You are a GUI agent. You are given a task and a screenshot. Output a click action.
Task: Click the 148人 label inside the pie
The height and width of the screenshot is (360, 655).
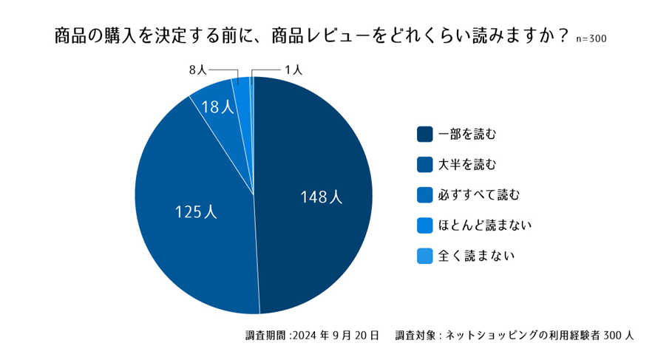[321, 197]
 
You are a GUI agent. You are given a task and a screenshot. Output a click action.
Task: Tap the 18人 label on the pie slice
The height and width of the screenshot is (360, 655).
[217, 108]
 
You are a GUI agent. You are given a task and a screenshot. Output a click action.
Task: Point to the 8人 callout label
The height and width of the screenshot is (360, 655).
[197, 70]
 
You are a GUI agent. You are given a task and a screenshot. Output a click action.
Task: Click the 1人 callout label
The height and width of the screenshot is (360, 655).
[293, 70]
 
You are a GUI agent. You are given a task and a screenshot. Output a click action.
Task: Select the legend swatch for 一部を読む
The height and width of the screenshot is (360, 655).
[424, 134]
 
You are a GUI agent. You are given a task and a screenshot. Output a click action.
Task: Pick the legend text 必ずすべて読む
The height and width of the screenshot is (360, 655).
[479, 194]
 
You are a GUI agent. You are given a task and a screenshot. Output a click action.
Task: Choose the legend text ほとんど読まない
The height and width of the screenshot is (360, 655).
[485, 225]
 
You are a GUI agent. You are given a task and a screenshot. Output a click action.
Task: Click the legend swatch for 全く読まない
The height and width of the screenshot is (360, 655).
[424, 255]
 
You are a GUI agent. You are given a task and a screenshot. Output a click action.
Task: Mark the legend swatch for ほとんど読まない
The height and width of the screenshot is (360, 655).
[424, 225]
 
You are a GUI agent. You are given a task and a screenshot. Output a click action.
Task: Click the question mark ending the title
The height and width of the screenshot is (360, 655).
[563, 35]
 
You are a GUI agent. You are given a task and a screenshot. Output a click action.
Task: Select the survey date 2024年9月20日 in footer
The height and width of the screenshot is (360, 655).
[336, 335]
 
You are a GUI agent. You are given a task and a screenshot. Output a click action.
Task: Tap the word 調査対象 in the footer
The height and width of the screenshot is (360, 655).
[415, 335]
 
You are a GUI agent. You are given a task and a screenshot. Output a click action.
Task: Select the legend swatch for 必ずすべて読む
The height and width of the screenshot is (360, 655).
[424, 194]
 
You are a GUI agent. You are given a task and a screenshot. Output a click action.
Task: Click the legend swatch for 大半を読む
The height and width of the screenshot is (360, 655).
[424, 164]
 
